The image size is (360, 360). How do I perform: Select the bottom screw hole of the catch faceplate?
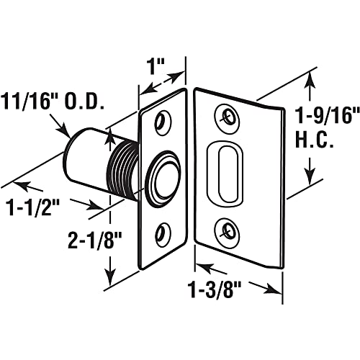(x=163, y=233)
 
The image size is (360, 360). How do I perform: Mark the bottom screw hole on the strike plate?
(x=230, y=230)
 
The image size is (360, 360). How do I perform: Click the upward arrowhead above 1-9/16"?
(x=312, y=76)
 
